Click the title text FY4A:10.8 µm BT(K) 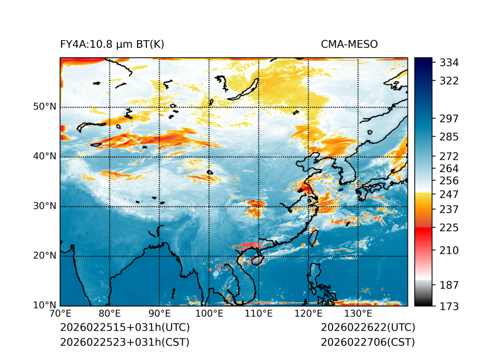[112, 45]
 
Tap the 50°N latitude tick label [45, 107]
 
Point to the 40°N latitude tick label [45, 156]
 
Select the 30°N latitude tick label [45, 206]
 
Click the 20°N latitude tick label [45, 256]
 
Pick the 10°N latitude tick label [45, 305]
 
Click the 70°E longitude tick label [60, 314]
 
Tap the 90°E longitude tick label [160, 314]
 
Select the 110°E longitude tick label [259, 314]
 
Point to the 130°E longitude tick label [358, 314]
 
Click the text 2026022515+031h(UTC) [124, 328]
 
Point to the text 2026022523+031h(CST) [124, 342]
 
